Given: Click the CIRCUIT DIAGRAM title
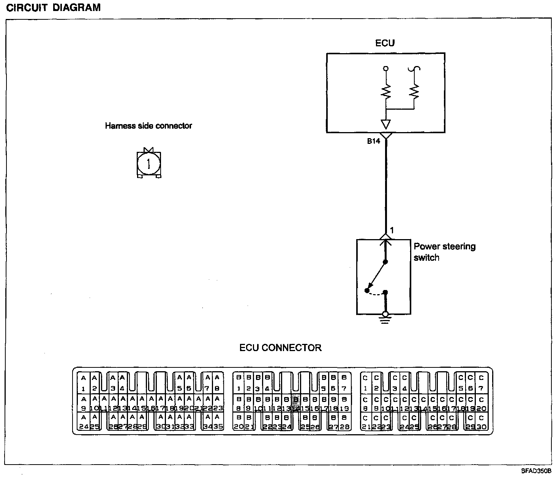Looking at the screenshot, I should [x=54, y=8].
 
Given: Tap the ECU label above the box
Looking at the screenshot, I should [x=385, y=43].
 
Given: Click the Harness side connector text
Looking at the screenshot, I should [x=148, y=126].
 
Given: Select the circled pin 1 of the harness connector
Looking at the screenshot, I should [x=148, y=164].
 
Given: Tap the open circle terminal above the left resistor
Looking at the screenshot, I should [x=386, y=69].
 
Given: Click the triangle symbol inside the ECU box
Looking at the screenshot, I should [x=385, y=124].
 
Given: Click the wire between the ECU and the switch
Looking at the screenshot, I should [x=386, y=186].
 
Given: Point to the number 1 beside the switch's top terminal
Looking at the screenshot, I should [x=392, y=230].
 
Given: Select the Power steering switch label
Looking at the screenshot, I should [x=444, y=252].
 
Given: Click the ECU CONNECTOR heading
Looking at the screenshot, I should [x=280, y=348].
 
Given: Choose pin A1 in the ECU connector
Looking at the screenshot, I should [x=83, y=383].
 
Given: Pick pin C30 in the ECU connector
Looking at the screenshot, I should [x=481, y=422].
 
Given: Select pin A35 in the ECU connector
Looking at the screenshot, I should [x=218, y=422].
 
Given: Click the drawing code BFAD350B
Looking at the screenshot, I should [x=536, y=471].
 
